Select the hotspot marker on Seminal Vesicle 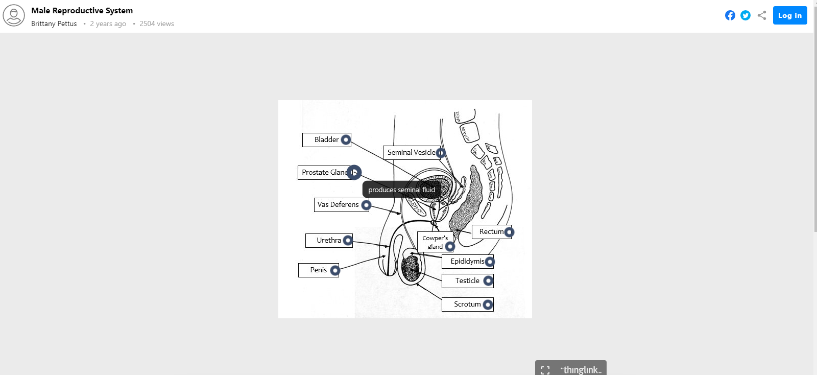click(441, 153)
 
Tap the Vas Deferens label click(338, 205)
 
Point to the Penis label click(318, 270)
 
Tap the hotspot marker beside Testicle click(488, 280)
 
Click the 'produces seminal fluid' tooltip click(401, 190)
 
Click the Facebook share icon click(730, 15)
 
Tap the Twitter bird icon click(746, 15)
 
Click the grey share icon click(762, 15)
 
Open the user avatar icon click(14, 16)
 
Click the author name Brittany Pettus click(54, 24)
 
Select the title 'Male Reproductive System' click(82, 10)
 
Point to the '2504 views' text click(157, 24)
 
